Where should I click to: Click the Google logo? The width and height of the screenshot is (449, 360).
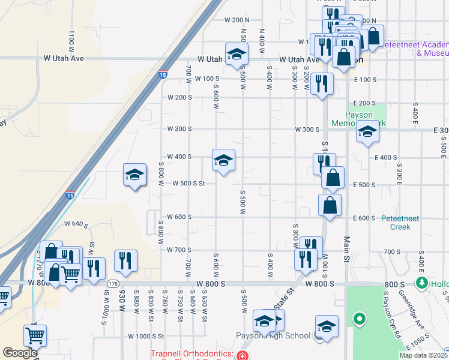20,353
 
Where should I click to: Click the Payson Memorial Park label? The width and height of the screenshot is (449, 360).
358,119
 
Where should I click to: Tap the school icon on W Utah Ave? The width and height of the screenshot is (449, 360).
237,54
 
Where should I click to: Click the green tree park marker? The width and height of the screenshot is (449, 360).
422,283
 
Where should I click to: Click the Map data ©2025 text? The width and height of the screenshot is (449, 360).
423,355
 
